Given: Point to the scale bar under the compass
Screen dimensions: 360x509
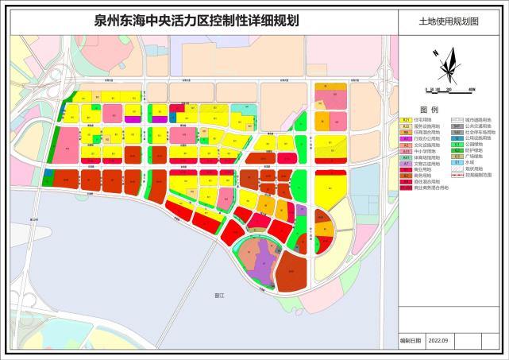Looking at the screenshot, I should coord(449,90).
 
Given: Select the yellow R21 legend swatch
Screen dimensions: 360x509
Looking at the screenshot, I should coord(406,119).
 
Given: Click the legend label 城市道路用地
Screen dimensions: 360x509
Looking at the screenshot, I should coord(476,119).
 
